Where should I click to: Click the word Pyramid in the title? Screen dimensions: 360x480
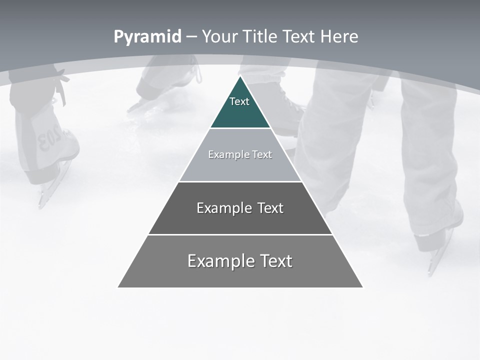(147, 36)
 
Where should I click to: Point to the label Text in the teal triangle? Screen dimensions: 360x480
(239, 101)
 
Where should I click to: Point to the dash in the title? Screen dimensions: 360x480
(191, 36)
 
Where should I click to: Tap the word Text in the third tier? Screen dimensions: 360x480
(270, 208)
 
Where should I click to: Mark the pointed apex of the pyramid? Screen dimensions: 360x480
(240, 77)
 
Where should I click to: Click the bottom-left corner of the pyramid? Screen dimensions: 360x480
(118, 287)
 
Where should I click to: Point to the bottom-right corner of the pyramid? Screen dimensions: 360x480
(362, 287)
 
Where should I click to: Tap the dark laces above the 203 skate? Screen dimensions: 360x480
(61, 87)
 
